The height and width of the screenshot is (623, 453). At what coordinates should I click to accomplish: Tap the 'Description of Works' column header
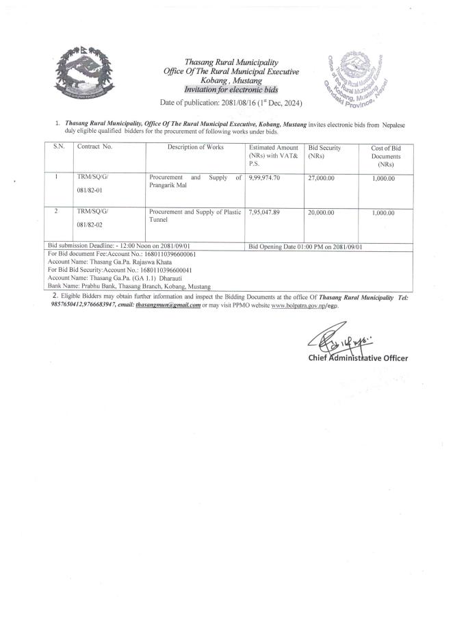196,148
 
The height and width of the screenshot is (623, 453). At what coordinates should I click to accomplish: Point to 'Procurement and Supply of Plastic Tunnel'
195,216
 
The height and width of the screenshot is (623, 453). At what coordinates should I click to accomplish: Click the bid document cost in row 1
384,178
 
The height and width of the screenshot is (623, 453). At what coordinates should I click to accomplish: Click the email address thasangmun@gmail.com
168,305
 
